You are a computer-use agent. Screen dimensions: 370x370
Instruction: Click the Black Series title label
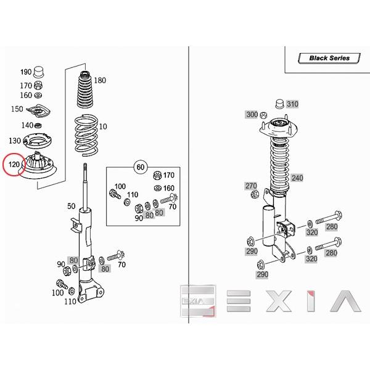click(329, 58)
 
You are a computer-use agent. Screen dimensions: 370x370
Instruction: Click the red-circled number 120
click(14, 164)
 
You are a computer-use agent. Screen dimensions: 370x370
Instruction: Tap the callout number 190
click(26, 72)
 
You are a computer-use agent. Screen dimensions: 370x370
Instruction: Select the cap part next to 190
click(39, 72)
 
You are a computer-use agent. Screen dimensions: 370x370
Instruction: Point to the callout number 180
click(100, 80)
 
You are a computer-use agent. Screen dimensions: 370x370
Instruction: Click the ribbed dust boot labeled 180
click(86, 89)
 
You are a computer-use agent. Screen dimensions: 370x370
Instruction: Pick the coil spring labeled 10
click(86, 135)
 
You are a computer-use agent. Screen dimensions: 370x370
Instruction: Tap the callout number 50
click(72, 206)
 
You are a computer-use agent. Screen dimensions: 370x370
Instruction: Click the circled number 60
click(141, 167)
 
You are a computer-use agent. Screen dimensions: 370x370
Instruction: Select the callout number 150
click(17, 109)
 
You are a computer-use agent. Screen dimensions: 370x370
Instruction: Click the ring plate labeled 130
click(38, 141)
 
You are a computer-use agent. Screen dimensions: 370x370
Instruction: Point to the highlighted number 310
click(292, 104)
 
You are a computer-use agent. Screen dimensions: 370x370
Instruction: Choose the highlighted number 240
click(297, 178)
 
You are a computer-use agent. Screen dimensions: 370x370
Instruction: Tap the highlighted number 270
click(251, 186)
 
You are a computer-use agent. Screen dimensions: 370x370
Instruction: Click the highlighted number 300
click(252, 115)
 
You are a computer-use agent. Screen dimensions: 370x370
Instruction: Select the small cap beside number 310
click(280, 104)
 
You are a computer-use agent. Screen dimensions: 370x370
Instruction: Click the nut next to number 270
click(255, 194)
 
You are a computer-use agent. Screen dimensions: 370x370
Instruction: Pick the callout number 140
click(27, 125)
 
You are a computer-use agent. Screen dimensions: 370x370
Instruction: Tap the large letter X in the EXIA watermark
click(279, 301)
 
